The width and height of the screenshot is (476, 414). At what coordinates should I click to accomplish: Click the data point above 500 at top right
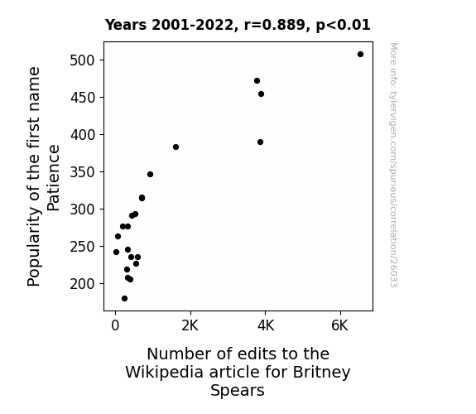point(360,55)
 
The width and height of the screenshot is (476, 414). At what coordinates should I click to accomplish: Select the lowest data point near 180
point(124,299)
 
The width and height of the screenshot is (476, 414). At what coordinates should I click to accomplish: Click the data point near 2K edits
point(175,147)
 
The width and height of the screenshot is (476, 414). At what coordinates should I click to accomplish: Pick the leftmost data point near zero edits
point(116,252)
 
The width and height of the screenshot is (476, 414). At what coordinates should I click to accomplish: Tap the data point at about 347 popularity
point(151,175)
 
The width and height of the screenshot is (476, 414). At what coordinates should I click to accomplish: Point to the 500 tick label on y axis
point(83,60)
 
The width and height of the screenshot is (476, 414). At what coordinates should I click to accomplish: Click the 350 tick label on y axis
point(83,172)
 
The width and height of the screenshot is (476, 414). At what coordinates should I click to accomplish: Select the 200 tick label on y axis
point(83,284)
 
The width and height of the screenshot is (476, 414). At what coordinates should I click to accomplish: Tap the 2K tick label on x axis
point(190,325)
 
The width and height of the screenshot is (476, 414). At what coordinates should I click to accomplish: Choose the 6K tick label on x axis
point(339,325)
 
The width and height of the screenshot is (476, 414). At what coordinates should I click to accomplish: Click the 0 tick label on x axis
point(115,325)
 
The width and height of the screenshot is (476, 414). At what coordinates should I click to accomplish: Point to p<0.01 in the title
point(344,25)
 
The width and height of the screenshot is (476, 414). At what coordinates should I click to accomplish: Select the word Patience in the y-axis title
point(54,178)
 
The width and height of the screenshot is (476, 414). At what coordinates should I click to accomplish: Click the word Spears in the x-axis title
point(238,391)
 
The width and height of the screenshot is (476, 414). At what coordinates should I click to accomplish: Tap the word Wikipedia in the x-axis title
point(164,373)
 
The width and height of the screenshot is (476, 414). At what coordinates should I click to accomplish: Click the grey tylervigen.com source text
point(393,165)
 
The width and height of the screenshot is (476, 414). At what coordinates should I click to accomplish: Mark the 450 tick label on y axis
point(83,98)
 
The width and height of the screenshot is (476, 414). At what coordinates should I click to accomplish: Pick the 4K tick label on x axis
point(266,325)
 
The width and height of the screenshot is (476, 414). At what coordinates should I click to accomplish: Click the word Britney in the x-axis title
point(321,373)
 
